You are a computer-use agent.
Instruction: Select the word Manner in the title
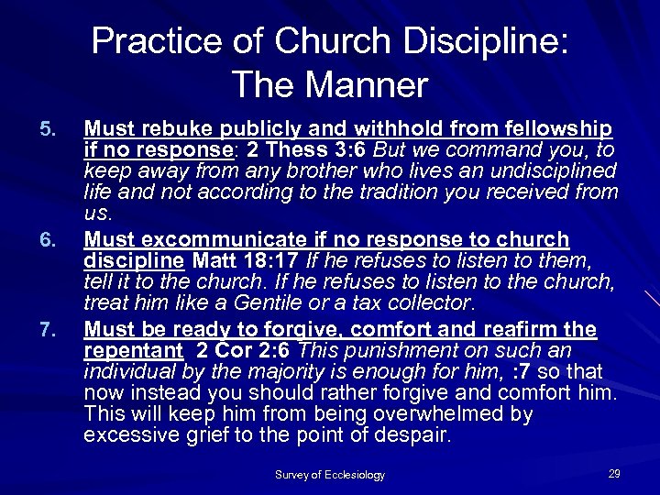coord(376,85)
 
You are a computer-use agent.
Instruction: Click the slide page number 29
coord(614,473)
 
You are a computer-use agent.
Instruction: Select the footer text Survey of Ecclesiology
coord(330,475)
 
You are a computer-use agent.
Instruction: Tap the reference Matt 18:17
coord(230,262)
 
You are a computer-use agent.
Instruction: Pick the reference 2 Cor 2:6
coord(243,350)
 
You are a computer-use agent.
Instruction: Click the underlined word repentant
coord(131,350)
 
